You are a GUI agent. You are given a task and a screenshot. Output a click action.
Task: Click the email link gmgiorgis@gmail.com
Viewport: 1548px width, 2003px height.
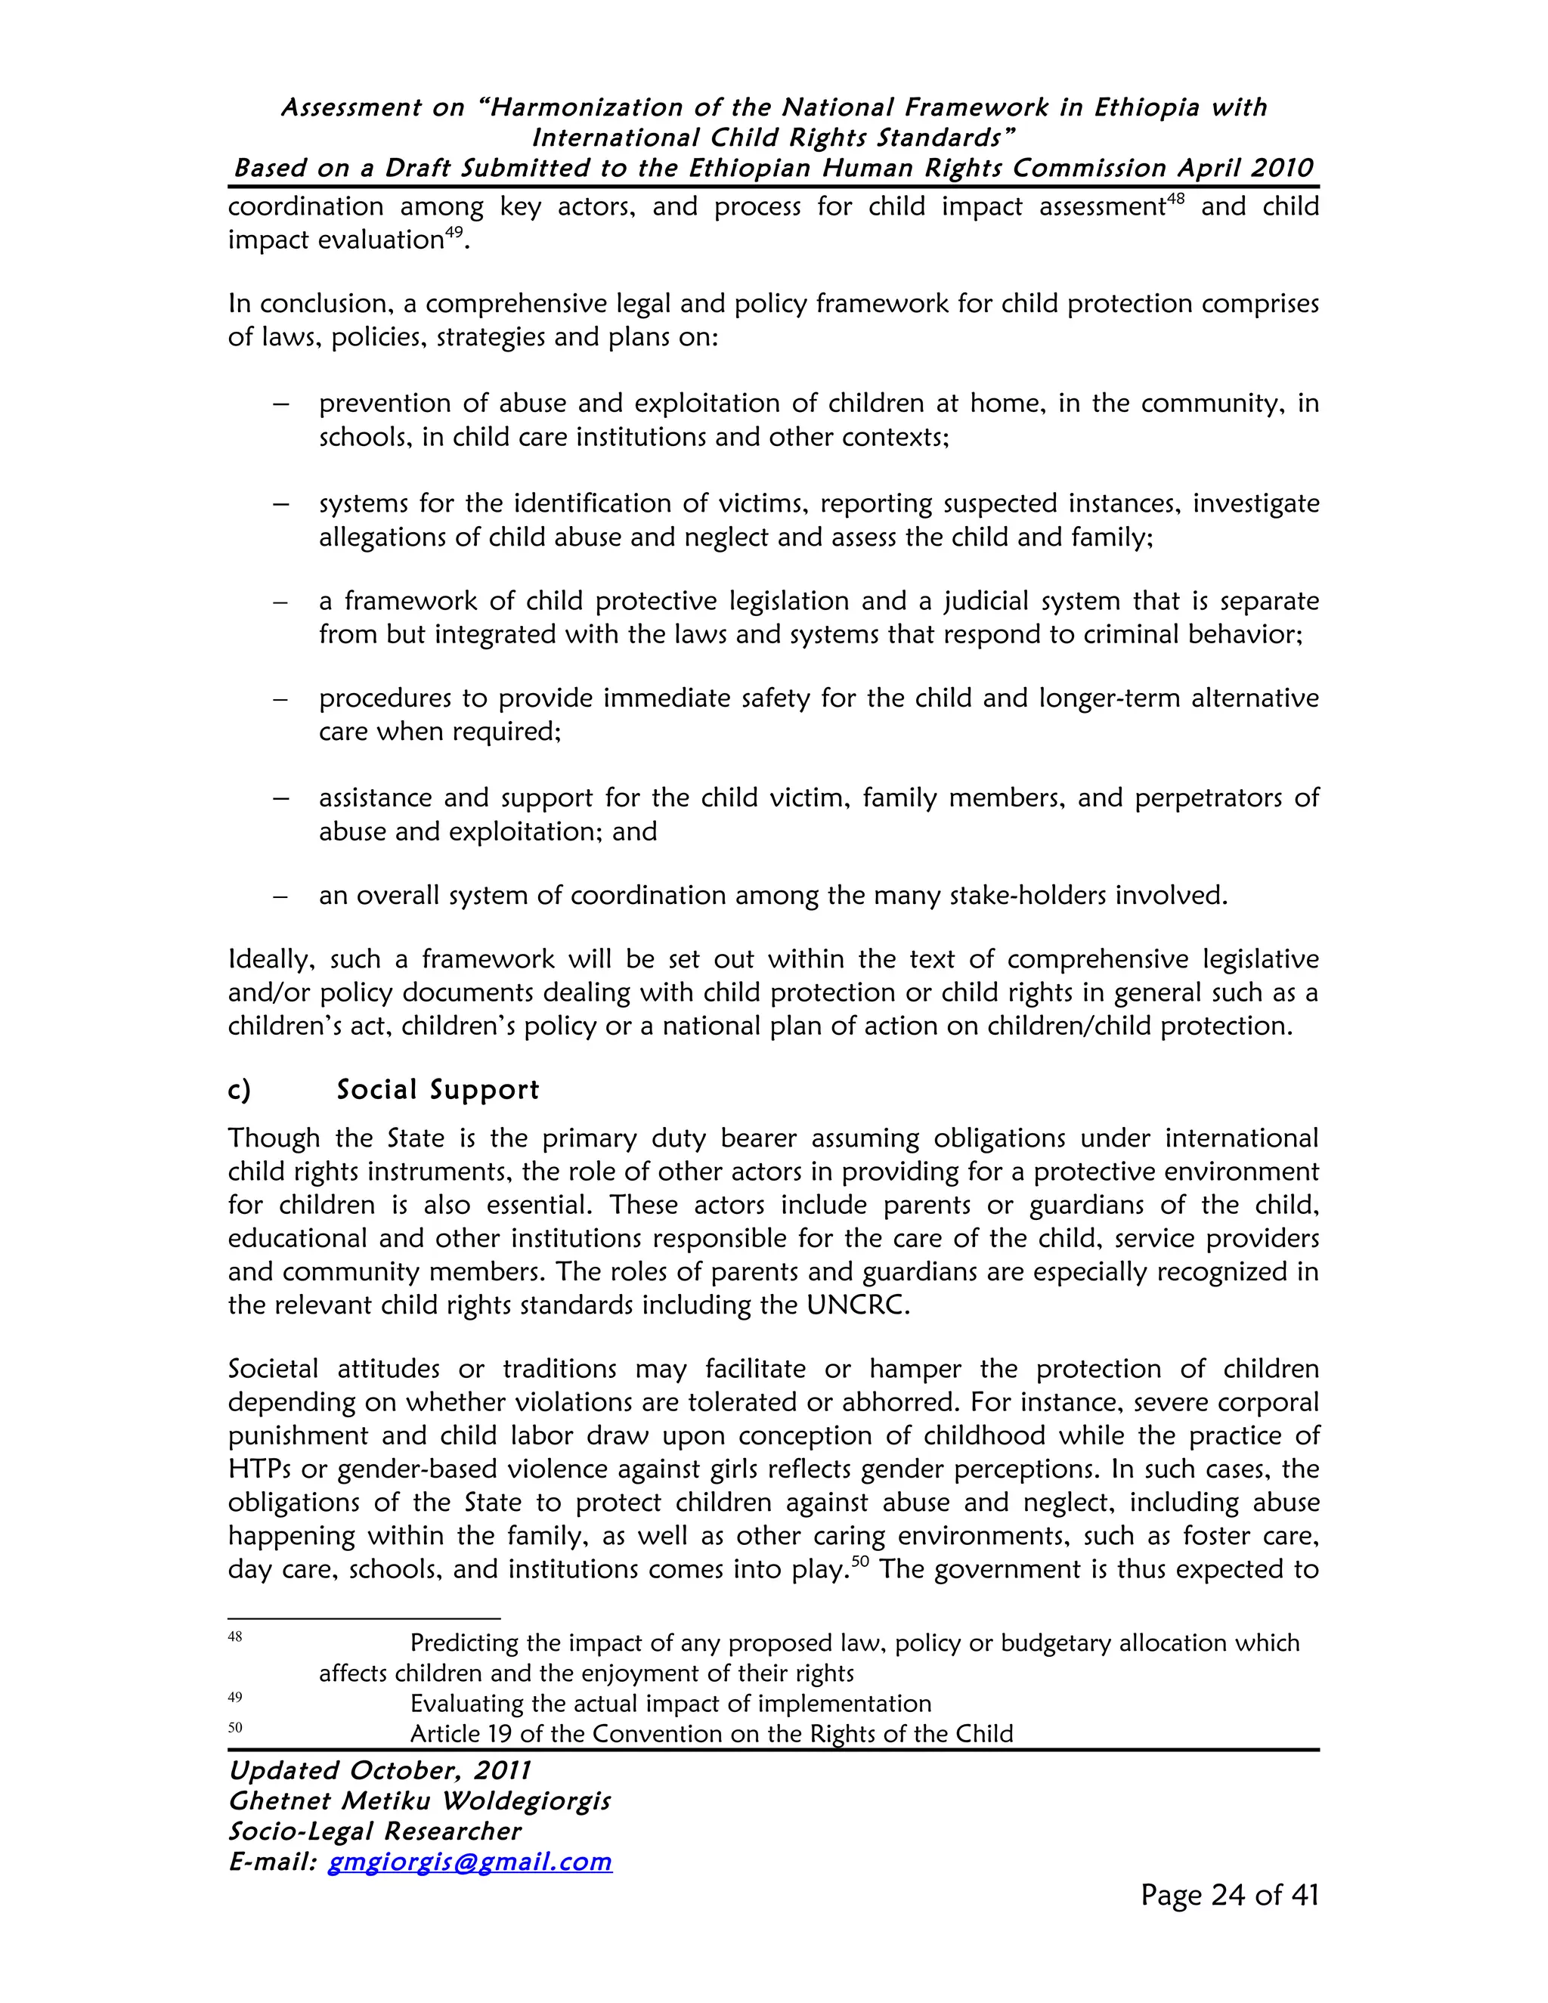click(x=469, y=1862)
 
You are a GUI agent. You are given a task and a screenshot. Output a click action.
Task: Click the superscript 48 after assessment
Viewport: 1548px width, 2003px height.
click(x=1177, y=198)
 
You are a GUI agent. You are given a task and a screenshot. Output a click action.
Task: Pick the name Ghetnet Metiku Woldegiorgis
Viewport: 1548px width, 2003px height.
click(x=419, y=1801)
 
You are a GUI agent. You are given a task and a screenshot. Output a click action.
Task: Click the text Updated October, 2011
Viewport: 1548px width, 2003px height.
click(x=379, y=1770)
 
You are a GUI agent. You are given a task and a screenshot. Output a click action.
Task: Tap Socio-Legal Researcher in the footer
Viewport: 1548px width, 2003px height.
click(x=374, y=1831)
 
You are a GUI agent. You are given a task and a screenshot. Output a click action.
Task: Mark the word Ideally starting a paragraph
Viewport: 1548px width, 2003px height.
click(x=271, y=959)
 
